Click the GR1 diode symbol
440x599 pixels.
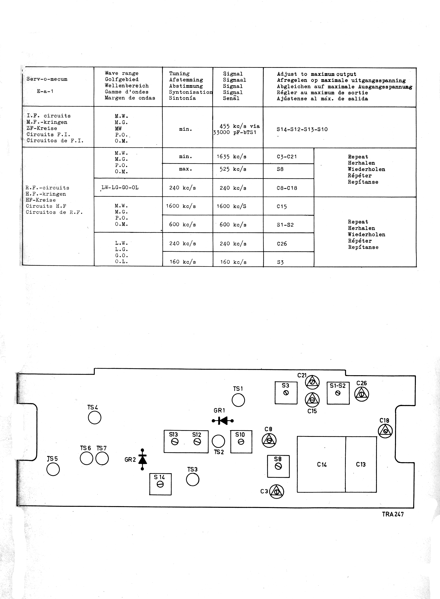[x=223, y=421]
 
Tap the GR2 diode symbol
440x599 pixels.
[x=143, y=459]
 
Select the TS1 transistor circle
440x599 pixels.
[x=238, y=400]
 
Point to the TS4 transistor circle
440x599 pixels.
[x=94, y=417]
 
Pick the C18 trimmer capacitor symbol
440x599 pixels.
[x=385, y=431]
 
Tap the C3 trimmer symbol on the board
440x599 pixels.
[x=277, y=491]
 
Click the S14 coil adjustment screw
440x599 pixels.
[x=160, y=485]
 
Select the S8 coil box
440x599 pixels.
[x=278, y=466]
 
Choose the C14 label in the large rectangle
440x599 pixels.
[x=322, y=464]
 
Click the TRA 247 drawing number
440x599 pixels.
[x=393, y=514]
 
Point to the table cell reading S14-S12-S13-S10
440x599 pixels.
[x=302, y=129]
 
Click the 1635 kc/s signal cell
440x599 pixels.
[x=231, y=156]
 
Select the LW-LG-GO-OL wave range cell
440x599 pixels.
[x=120, y=187]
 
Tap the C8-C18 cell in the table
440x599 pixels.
[x=287, y=188]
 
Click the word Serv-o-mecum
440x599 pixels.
[x=47, y=79]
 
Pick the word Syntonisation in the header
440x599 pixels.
[x=190, y=92]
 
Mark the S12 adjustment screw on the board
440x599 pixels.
[x=197, y=442]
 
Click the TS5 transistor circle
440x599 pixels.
[x=53, y=469]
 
